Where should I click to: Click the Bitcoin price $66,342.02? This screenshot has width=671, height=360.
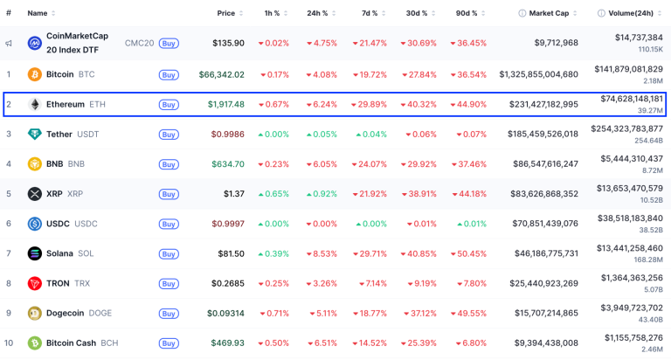point(221,74)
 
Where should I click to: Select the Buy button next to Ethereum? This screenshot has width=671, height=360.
point(169,105)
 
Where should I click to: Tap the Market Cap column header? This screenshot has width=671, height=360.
point(548,13)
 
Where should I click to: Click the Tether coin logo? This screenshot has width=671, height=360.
point(35,134)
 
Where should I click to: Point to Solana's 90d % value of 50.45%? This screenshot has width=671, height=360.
point(467,253)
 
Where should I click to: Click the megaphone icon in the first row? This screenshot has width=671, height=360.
point(9,43)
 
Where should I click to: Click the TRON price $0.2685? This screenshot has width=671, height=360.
point(226,283)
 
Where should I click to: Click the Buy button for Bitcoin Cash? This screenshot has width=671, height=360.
point(169,343)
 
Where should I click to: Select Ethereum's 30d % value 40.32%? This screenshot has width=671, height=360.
point(419,104)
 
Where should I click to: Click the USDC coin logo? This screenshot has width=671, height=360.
point(35,224)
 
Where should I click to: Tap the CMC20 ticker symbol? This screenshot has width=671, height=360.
point(139,43)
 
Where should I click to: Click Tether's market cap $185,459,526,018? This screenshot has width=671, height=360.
point(531,134)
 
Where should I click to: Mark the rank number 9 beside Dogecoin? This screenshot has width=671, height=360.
point(9,313)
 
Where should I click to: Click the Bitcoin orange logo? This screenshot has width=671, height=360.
point(35,74)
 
